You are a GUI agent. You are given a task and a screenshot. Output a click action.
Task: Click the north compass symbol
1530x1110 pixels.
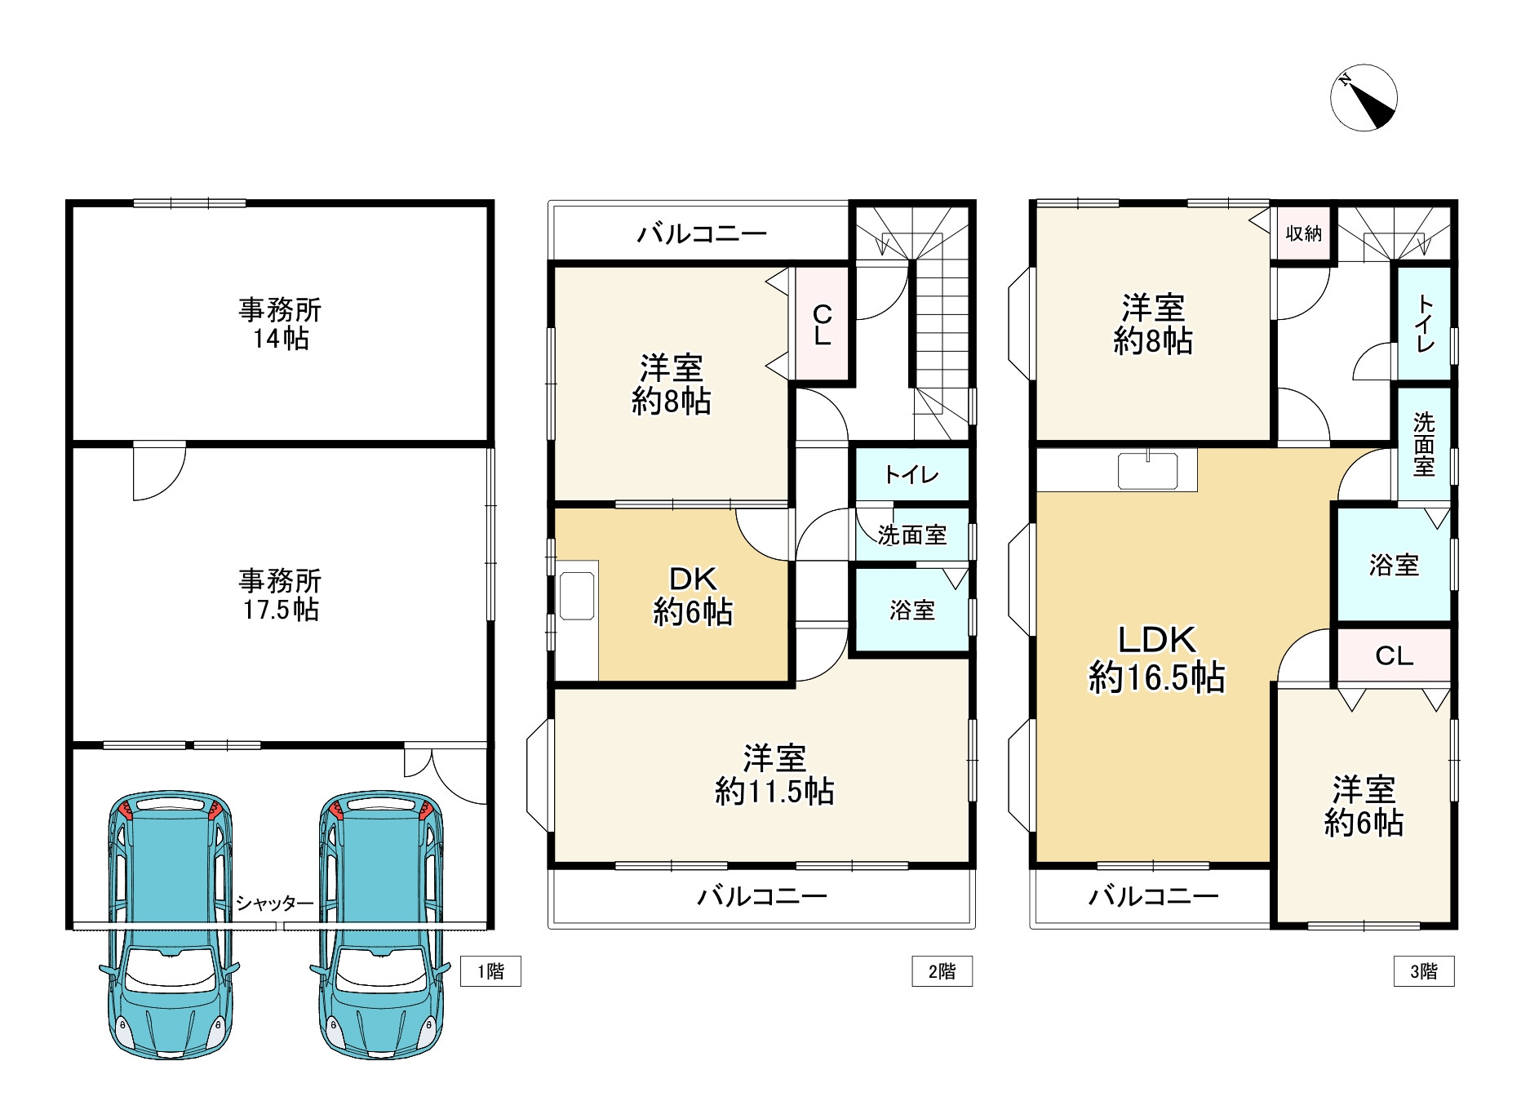(1363, 98)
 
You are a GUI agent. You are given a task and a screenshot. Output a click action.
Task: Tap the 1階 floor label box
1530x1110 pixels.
(490, 971)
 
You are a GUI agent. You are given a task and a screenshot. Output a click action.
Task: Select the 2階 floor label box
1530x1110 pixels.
(942, 971)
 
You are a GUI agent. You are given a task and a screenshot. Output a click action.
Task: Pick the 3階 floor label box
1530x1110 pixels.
(1424, 971)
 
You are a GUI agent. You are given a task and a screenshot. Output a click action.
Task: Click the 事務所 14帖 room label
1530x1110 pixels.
(280, 324)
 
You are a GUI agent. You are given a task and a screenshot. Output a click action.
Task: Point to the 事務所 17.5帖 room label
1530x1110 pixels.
(280, 595)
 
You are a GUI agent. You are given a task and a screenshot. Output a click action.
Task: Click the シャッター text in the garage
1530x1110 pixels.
(274, 904)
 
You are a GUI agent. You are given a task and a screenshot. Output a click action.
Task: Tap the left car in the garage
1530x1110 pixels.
(170, 922)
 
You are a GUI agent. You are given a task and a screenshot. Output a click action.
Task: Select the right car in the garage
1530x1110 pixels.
(379, 922)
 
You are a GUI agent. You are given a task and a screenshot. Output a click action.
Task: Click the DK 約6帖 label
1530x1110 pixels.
(692, 596)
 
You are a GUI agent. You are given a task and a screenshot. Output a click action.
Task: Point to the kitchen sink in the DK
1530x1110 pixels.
(577, 596)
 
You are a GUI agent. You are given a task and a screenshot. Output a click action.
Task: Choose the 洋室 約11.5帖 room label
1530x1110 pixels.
(774, 775)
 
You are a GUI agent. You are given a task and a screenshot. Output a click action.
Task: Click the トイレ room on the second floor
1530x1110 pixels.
(911, 475)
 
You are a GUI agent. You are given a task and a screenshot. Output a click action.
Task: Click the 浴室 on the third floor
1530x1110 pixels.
(1394, 565)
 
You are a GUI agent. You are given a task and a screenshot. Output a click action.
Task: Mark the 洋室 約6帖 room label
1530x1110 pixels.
(1364, 806)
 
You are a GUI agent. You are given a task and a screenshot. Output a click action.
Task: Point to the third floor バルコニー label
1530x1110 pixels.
(1154, 897)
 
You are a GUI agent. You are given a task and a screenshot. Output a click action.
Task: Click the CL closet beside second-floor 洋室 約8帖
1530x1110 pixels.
(822, 324)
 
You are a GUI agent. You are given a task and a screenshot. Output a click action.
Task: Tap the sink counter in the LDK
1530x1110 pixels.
(1147, 471)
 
